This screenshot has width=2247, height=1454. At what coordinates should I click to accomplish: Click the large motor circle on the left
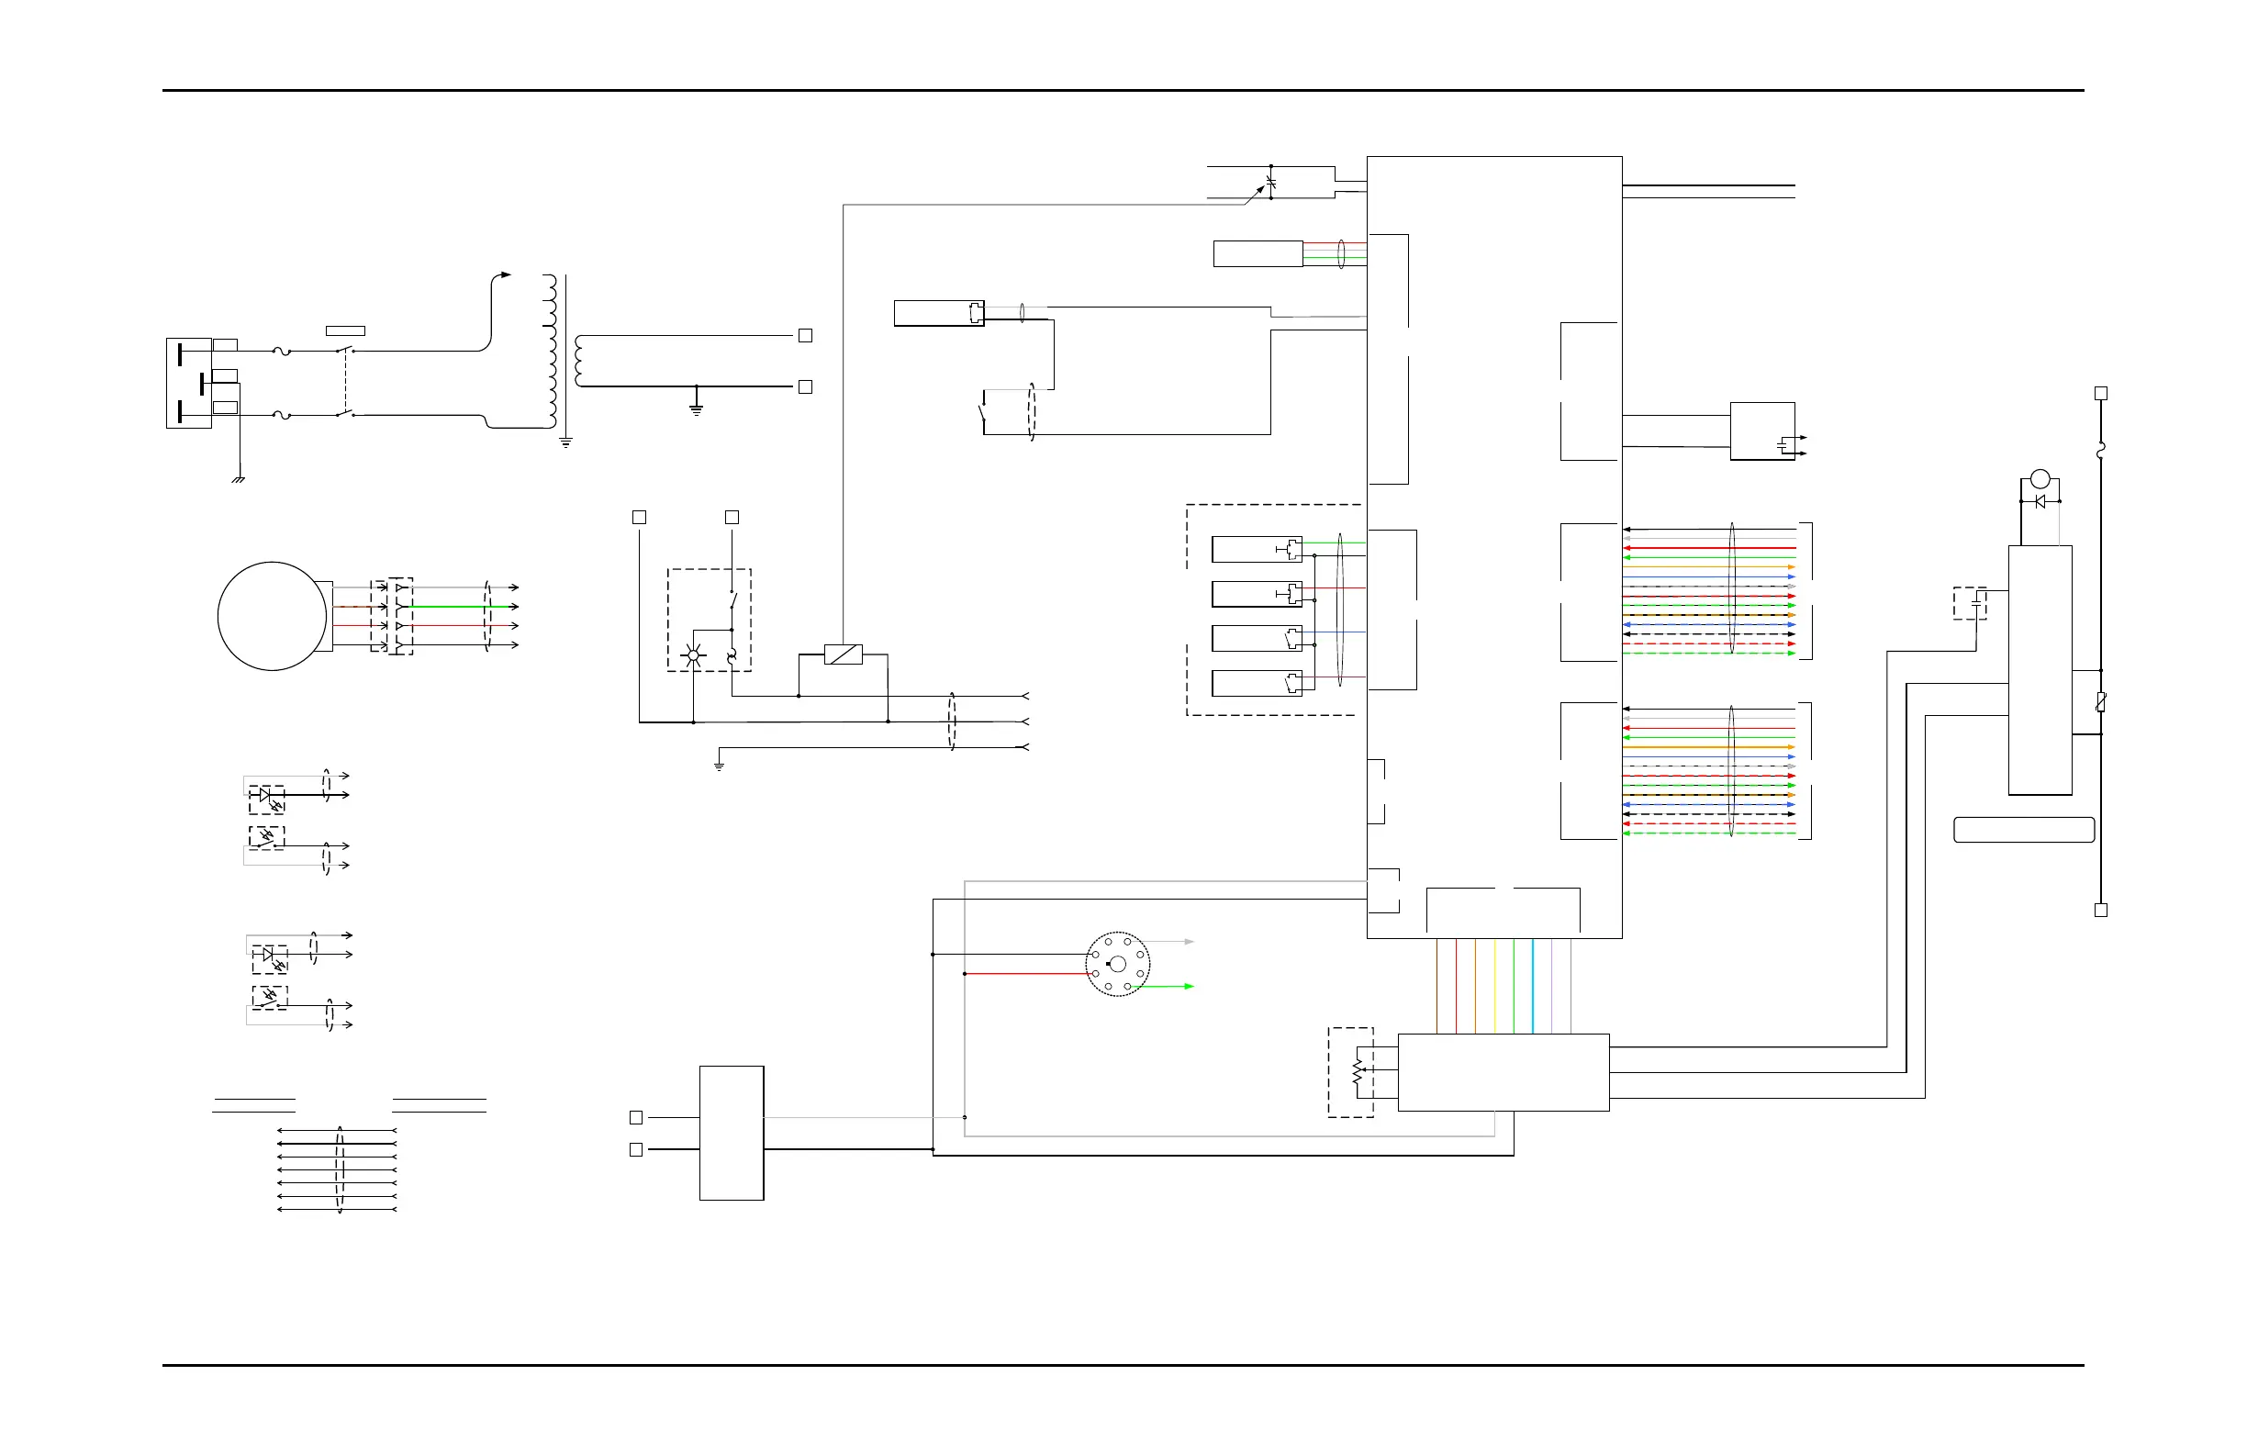click(272, 617)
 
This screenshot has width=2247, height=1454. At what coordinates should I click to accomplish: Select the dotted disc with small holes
click(1117, 964)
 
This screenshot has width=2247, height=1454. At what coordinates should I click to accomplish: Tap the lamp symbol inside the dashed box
click(693, 655)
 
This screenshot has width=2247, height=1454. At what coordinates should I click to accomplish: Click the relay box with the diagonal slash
click(844, 654)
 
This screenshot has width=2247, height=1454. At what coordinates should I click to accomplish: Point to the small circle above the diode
click(2040, 478)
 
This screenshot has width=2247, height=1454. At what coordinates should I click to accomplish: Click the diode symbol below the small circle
click(2040, 501)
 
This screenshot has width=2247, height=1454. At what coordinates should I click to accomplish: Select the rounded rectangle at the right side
click(2024, 830)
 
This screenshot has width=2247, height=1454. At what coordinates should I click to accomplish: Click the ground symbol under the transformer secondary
click(697, 408)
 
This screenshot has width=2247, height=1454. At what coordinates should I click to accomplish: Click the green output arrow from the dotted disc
click(1189, 986)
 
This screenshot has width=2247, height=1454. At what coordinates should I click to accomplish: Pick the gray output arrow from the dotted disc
click(1189, 941)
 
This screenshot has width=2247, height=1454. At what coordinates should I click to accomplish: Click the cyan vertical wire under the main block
click(1532, 986)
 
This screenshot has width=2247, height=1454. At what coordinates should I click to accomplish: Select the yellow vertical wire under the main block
click(1494, 986)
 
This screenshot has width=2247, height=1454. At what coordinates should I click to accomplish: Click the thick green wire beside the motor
click(453, 606)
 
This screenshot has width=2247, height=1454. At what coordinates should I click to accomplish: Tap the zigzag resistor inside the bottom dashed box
click(1358, 1072)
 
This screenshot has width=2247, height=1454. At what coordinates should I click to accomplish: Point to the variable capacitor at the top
click(1270, 181)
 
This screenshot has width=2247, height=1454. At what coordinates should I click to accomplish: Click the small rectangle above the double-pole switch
click(345, 330)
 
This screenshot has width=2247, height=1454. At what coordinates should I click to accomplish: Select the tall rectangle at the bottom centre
click(732, 1133)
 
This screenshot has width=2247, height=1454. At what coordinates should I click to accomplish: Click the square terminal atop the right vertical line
click(2101, 393)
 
